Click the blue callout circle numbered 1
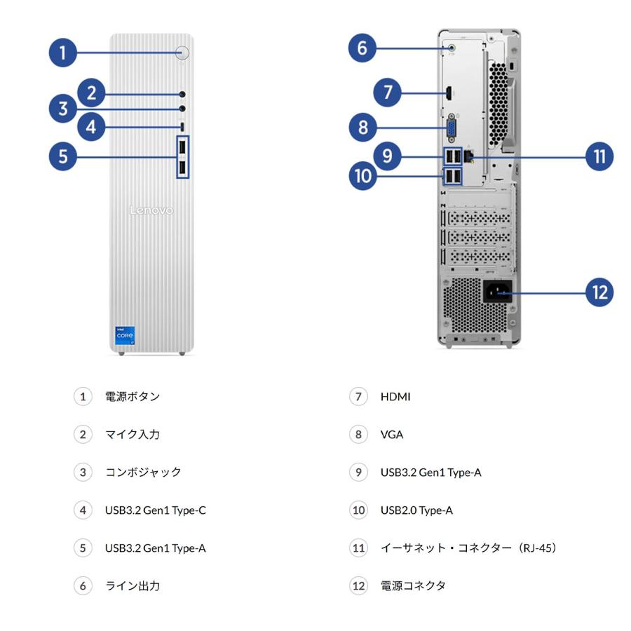click(x=62, y=53)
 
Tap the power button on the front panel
click(x=183, y=53)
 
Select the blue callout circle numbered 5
click(x=62, y=156)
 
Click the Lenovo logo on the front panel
click(x=151, y=210)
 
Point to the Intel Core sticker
click(x=125, y=335)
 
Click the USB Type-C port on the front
click(x=183, y=127)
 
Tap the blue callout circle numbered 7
click(x=387, y=92)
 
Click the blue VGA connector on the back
click(x=451, y=128)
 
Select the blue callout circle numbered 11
click(x=599, y=156)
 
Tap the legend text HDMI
click(x=395, y=397)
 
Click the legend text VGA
click(x=392, y=435)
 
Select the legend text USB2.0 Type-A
click(x=416, y=510)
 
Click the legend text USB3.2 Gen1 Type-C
click(x=155, y=510)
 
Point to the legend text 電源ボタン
click(x=133, y=397)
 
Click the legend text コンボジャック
click(x=143, y=473)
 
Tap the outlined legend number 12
click(x=358, y=585)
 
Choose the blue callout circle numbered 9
click(x=387, y=156)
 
